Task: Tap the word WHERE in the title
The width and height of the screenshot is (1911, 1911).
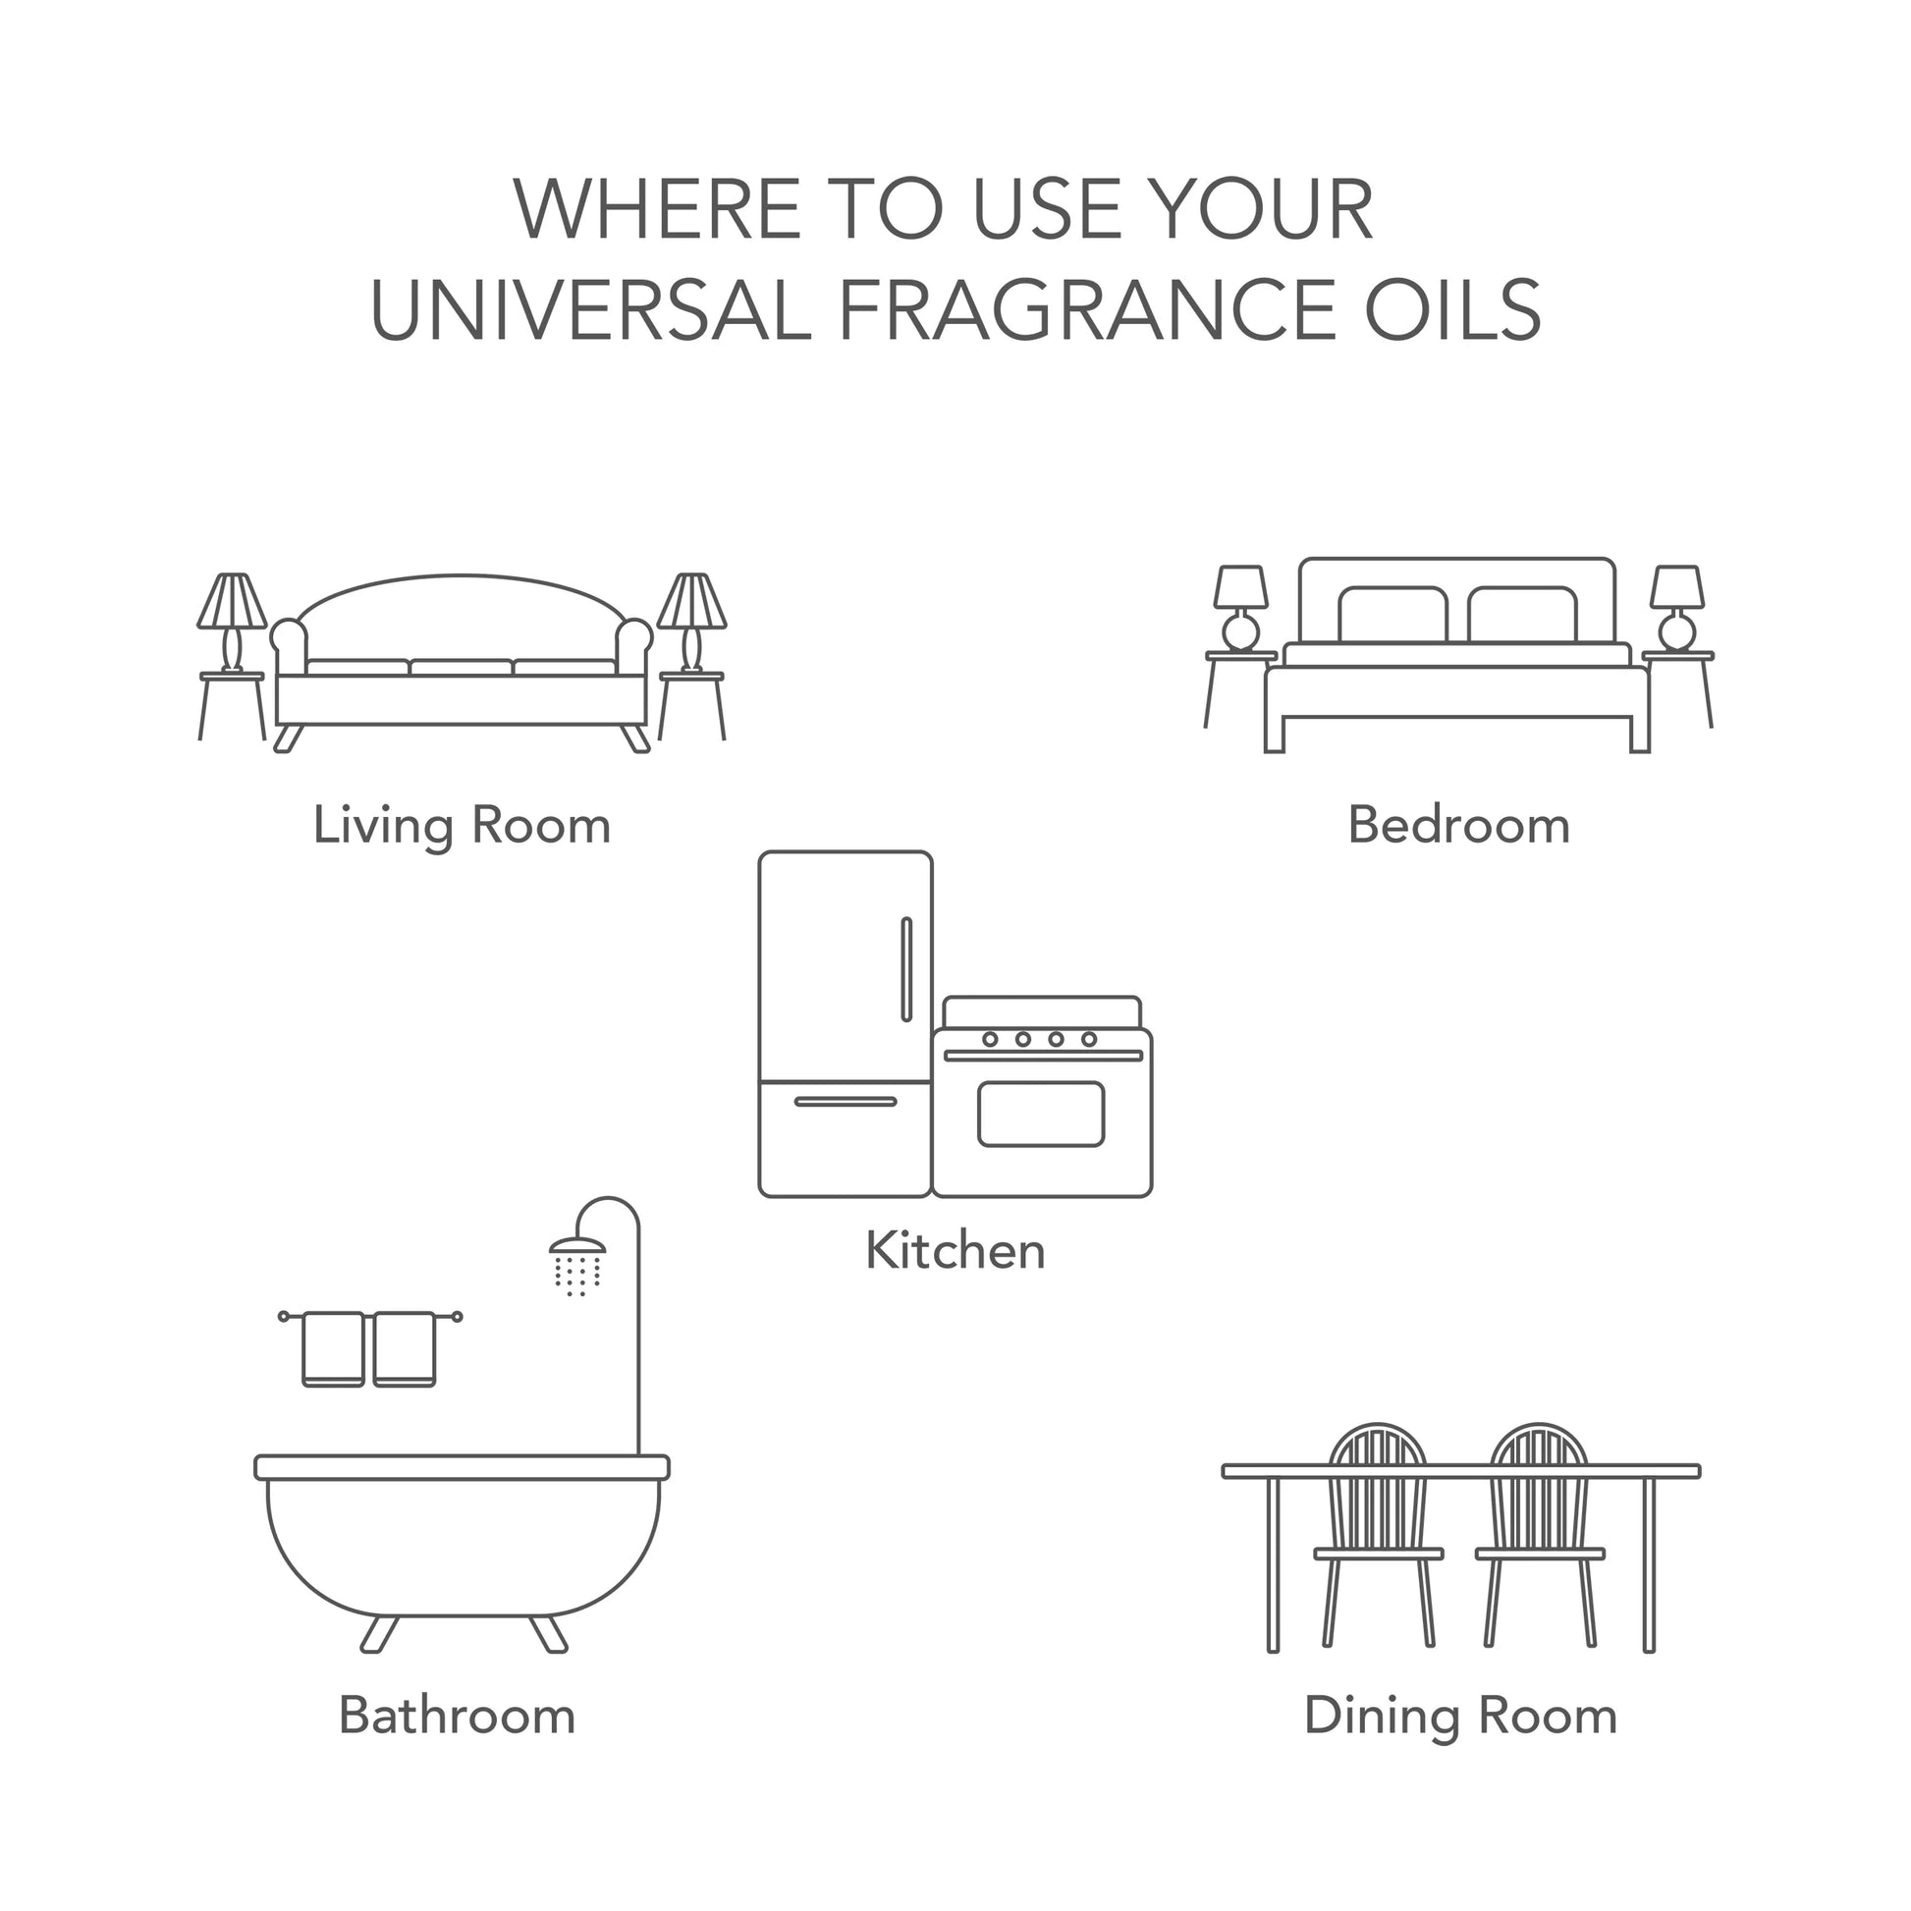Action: tap(657, 210)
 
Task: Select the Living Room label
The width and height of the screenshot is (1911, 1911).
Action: tap(462, 826)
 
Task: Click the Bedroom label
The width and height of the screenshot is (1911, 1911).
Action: tap(1459, 825)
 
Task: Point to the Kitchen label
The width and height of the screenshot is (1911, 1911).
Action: tap(955, 1250)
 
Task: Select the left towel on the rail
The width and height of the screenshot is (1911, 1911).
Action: tap(332, 1349)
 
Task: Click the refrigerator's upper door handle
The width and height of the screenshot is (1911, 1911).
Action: tap(906, 969)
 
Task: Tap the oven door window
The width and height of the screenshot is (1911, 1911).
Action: tap(1041, 1115)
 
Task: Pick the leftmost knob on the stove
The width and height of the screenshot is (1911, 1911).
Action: tap(989, 1039)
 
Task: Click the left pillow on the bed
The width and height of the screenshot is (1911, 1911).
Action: tap(1392, 617)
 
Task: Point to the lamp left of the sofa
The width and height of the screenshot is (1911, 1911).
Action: tap(232, 624)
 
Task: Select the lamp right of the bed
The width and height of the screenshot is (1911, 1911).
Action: tap(1676, 608)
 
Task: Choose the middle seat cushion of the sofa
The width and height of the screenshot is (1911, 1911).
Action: tap(461, 668)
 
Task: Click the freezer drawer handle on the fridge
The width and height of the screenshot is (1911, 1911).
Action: tap(846, 1102)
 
